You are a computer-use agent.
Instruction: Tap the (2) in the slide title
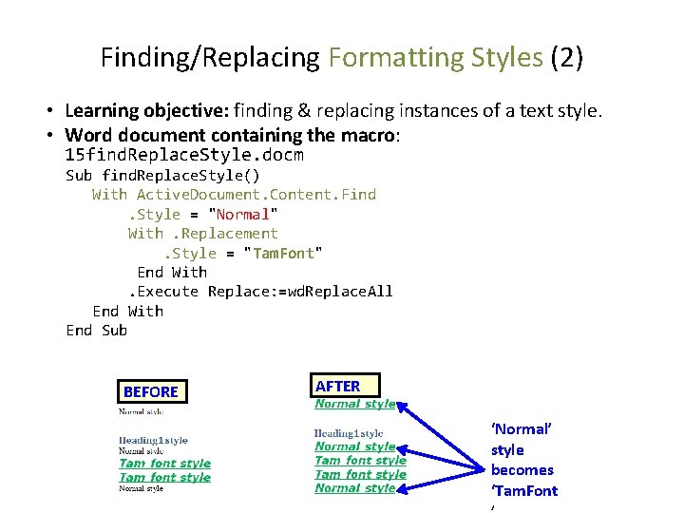tap(566, 58)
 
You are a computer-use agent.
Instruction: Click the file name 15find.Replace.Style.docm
tap(184, 155)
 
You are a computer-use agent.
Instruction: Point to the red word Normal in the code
tap(243, 214)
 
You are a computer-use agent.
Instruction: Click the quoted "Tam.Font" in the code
tap(284, 253)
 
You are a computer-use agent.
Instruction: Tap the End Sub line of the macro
tap(96, 331)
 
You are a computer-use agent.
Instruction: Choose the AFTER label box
tap(338, 386)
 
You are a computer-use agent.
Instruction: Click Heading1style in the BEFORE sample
tap(153, 440)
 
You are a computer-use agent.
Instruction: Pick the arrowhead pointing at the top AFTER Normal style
tap(402, 407)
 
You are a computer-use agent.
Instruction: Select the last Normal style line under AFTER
tap(354, 488)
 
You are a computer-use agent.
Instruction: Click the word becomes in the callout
tap(522, 470)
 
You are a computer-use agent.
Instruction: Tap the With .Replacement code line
tap(203, 234)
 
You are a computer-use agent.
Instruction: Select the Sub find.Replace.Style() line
tap(162, 175)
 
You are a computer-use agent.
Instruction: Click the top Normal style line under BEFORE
tap(141, 412)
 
